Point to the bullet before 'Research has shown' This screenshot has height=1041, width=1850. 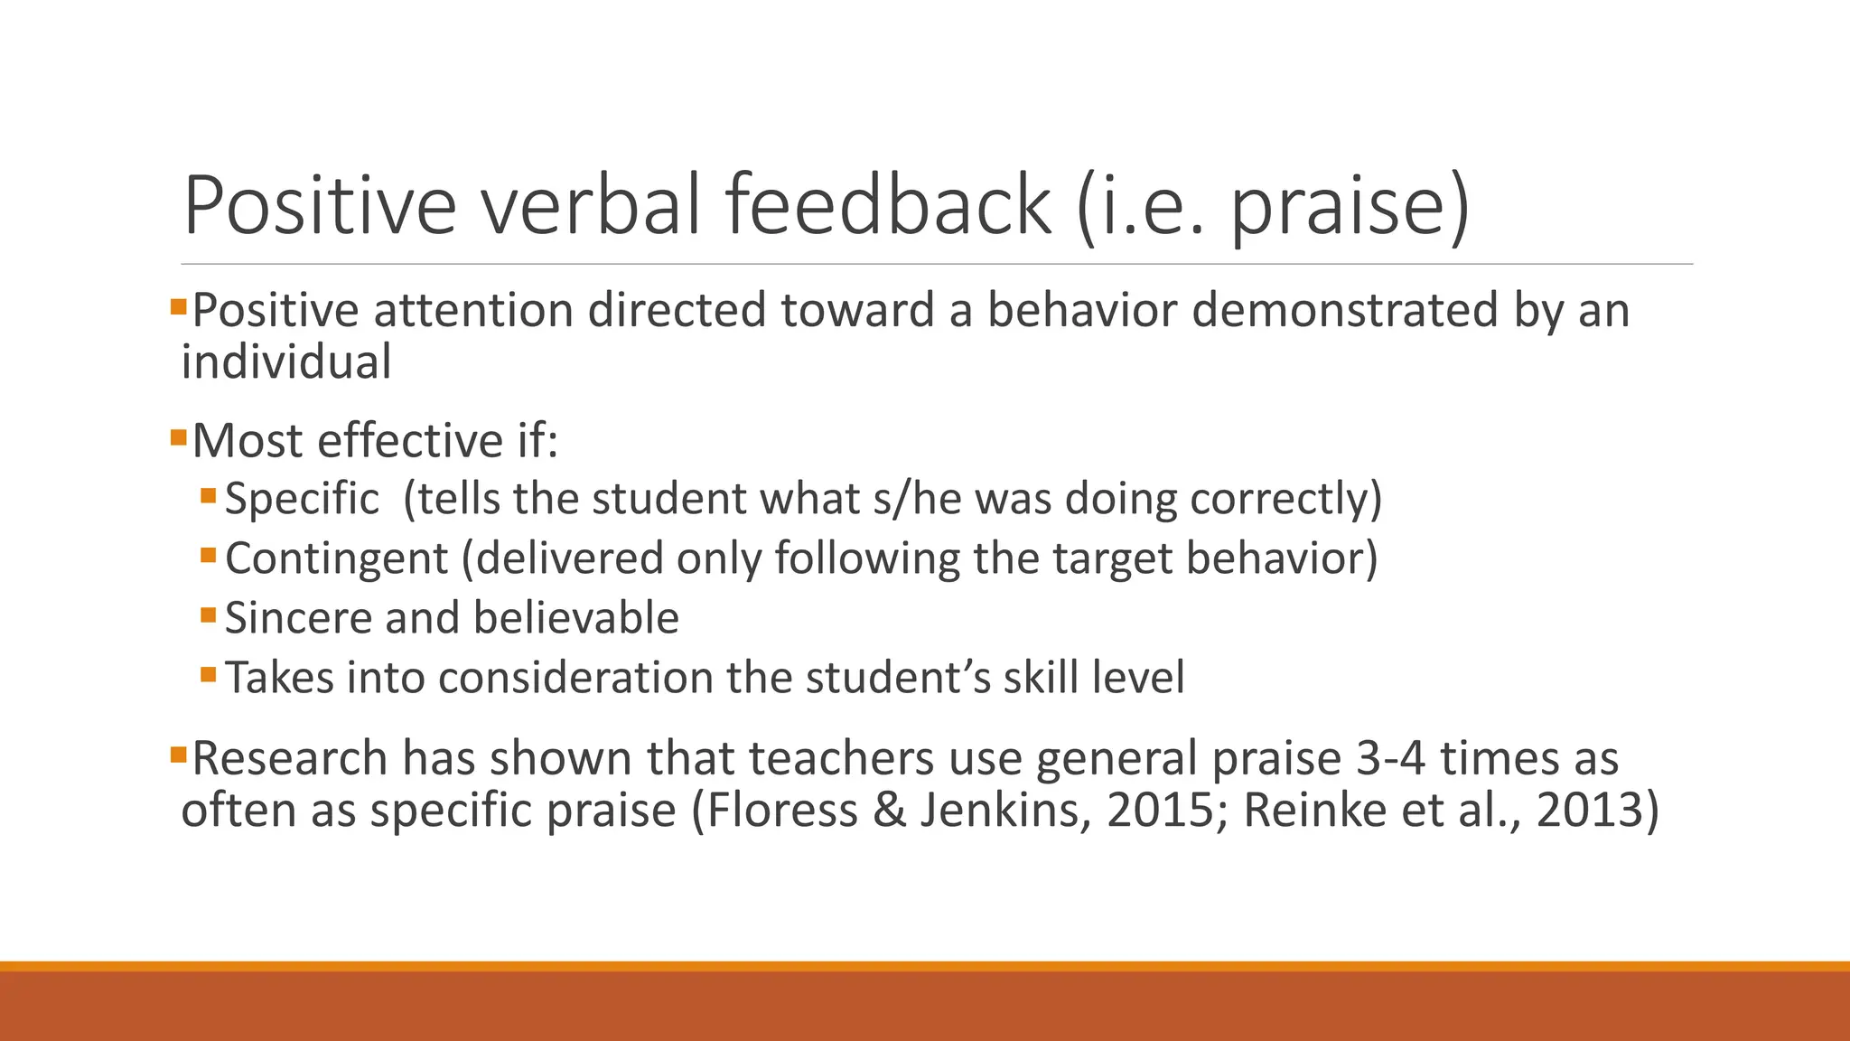(177, 752)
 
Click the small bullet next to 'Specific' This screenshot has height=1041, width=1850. (209, 495)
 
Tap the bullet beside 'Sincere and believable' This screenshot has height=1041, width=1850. (209, 615)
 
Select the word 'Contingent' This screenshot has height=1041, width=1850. (336, 558)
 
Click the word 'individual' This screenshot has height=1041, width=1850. (286, 362)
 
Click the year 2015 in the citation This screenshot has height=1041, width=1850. (1160, 810)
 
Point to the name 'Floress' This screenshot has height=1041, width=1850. (782, 810)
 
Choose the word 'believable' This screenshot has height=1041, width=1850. (575, 618)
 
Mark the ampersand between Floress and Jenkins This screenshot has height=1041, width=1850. (889, 810)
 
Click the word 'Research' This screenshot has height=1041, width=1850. (290, 757)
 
